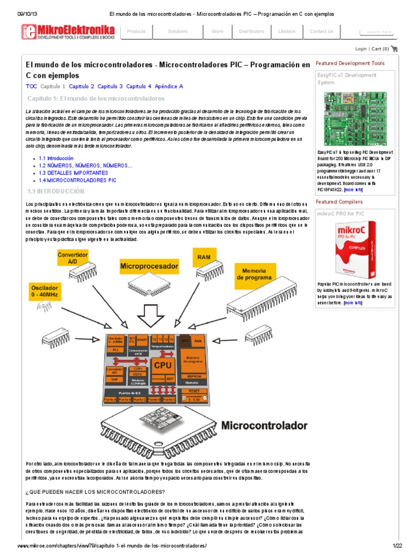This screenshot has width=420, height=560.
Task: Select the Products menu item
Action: coord(136,31)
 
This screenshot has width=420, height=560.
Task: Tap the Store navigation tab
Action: coord(217,31)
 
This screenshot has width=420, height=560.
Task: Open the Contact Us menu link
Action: coord(321,31)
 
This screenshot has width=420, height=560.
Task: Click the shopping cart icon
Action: coord(394,49)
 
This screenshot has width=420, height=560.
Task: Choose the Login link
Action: coord(361,49)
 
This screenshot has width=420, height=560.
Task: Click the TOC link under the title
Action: coord(31,86)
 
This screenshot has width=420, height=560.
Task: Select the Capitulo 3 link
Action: coord(110,86)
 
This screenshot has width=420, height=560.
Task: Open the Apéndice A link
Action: coord(169,86)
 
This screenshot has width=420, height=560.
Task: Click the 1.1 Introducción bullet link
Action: coord(56,157)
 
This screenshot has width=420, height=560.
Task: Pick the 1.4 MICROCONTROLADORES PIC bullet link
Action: coord(77,180)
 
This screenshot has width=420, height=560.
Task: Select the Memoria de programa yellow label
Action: coord(254,273)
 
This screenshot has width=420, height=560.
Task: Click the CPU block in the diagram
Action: coord(162,365)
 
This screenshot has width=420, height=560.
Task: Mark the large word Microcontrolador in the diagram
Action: coord(264,425)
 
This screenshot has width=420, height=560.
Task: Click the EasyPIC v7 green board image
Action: coord(354,118)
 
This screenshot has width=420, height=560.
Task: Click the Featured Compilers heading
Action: coord(339,202)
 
